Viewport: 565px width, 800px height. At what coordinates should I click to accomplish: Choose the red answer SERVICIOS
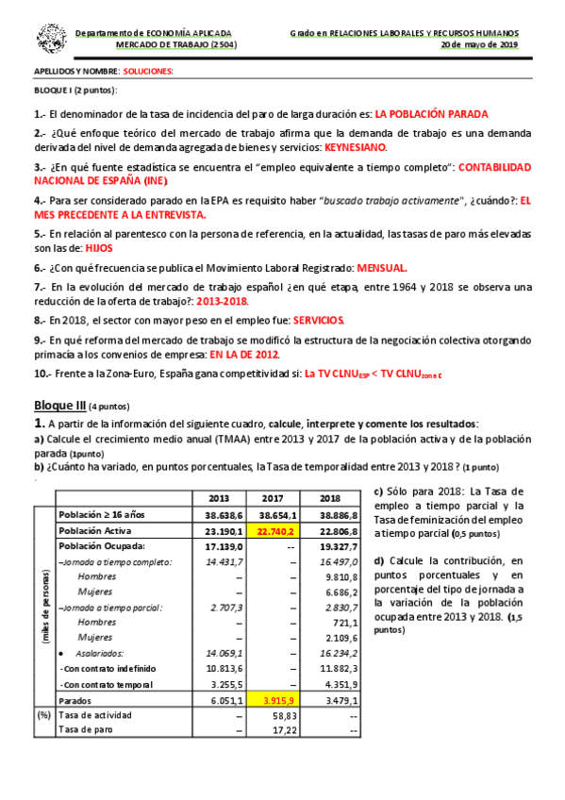tap(319, 320)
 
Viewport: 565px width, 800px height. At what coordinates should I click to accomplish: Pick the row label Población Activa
tap(97, 531)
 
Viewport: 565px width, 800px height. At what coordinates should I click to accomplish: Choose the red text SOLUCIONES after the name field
tap(148, 72)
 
